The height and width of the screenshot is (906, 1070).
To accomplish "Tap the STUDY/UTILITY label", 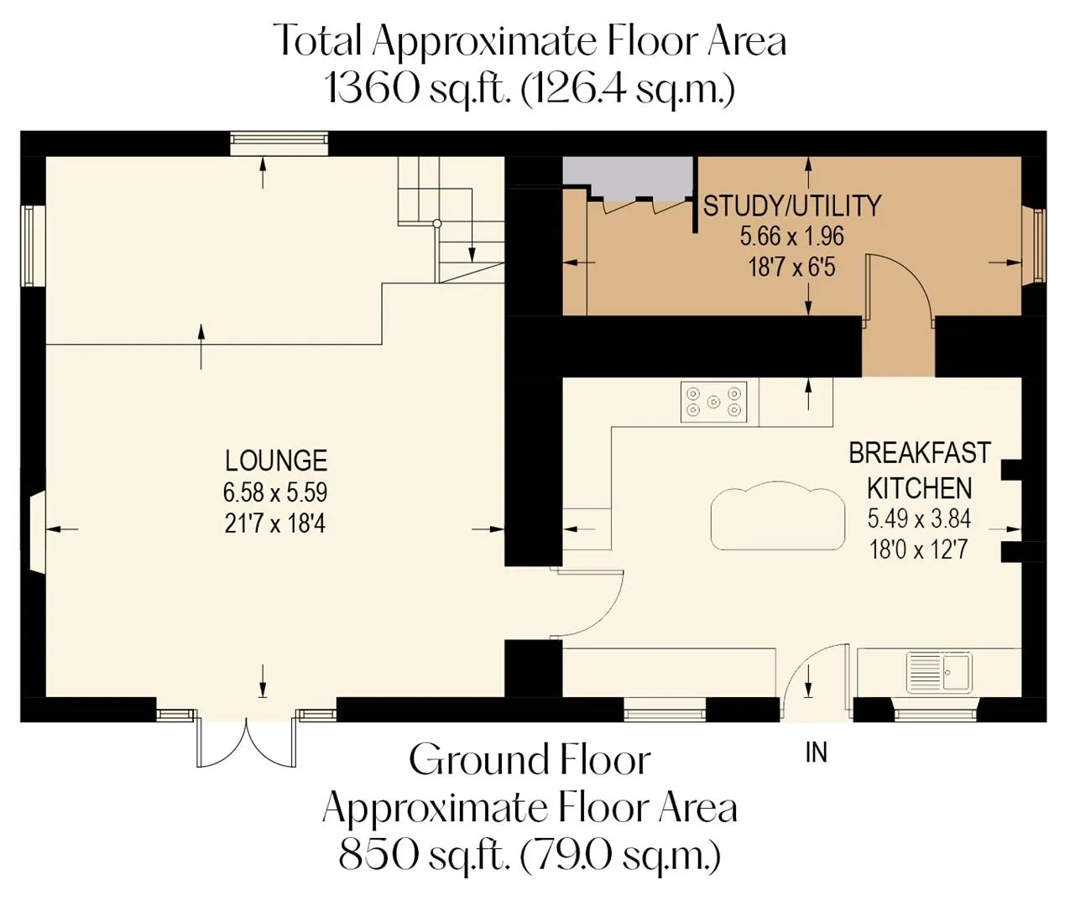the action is tap(791, 206).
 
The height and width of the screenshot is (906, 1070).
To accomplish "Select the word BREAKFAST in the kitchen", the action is tap(920, 453).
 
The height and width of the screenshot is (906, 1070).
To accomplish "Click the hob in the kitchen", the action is tap(714, 402).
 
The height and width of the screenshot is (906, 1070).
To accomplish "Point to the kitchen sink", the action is tap(939, 672).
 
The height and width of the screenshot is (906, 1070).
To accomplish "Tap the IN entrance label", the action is tap(817, 752).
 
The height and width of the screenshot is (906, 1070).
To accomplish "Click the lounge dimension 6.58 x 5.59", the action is tap(275, 492).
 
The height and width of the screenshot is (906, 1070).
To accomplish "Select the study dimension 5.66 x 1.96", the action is tap(791, 237).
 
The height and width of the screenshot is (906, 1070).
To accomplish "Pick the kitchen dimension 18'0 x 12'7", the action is tap(918, 549).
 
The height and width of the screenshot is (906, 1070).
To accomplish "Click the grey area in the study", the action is tap(629, 177).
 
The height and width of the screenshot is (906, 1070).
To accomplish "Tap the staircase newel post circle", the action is tap(437, 223).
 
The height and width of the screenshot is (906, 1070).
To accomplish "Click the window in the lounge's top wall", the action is tap(279, 143).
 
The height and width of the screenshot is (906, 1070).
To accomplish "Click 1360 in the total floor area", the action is tap(373, 88).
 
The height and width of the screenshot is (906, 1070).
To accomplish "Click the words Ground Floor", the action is tap(530, 760).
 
